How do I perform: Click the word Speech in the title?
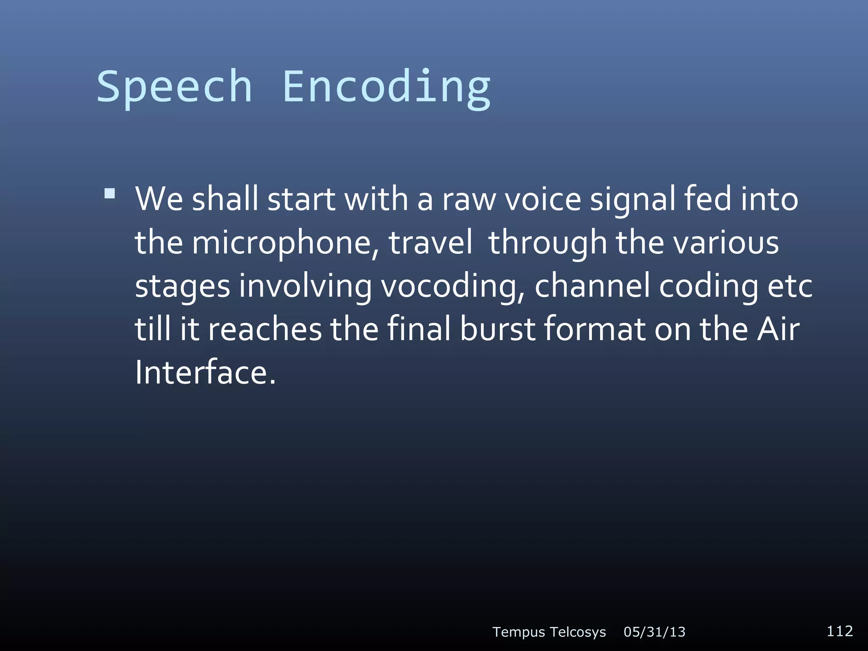tap(175, 87)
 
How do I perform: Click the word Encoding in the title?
tap(386, 87)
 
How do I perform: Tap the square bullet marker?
tap(109, 194)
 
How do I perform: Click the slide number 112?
tap(840, 631)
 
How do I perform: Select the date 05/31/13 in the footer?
tap(654, 632)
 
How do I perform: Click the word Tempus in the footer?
tap(518, 632)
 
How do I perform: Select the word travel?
tap(431, 243)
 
